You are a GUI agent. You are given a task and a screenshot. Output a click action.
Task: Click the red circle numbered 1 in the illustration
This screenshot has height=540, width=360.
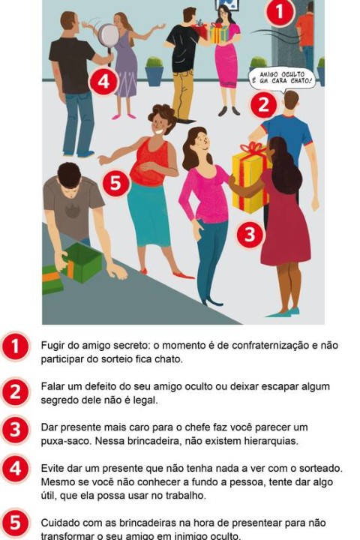(279, 13)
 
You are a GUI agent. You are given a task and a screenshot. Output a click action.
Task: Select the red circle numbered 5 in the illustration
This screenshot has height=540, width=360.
(115, 183)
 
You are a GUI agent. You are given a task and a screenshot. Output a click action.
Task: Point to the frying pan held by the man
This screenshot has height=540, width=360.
(108, 34)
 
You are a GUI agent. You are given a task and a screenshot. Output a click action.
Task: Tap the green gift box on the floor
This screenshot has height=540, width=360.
(81, 262)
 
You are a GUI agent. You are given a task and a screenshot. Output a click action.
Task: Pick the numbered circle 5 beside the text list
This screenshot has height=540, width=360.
(16, 523)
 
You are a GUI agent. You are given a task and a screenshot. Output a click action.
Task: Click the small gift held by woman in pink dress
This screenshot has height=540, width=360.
(219, 33)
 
